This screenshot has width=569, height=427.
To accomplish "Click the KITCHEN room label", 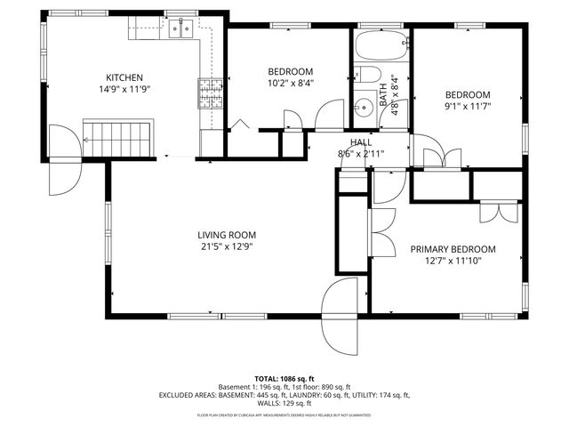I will [x=124, y=77].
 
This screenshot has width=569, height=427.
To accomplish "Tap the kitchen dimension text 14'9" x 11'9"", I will [x=124, y=89].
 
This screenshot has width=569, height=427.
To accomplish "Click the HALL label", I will [x=361, y=141].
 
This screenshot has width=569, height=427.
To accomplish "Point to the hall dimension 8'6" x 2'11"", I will [x=361, y=153].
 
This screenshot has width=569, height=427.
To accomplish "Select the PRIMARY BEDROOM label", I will [x=453, y=249].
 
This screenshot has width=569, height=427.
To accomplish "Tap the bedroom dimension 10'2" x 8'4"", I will [x=291, y=84].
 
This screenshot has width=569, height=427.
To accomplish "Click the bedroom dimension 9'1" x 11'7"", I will [x=467, y=108].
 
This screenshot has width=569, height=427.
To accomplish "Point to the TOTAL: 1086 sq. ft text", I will [x=284, y=379].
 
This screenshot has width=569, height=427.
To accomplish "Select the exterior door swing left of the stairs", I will [x=61, y=160].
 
